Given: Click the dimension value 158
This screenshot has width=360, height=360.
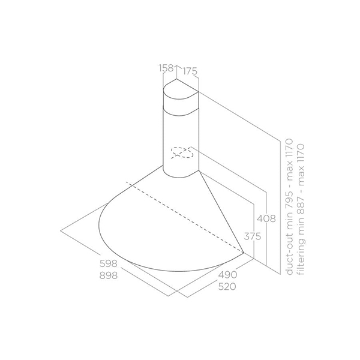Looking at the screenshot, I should (x=166, y=70).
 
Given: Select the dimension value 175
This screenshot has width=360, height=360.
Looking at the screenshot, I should (x=190, y=71).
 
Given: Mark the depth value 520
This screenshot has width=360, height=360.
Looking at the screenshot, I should (x=226, y=286).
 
